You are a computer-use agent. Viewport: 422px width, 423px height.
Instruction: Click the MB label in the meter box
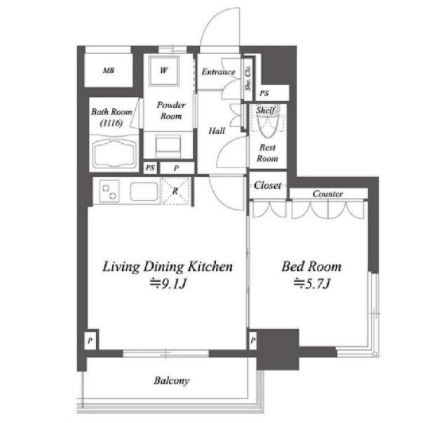(x=109, y=71)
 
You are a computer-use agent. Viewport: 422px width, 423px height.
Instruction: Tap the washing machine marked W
(x=163, y=72)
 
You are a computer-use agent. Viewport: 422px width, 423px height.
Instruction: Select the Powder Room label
(x=171, y=110)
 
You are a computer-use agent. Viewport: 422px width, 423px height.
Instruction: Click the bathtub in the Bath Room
(x=114, y=154)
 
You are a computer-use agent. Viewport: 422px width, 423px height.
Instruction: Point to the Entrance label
(x=219, y=72)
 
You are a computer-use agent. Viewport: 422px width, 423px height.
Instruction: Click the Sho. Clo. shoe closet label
(x=248, y=78)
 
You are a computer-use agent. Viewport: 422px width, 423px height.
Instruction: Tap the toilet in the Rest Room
(x=267, y=122)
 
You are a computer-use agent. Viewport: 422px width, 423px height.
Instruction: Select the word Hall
(x=217, y=131)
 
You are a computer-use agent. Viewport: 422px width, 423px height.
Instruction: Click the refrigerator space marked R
(x=175, y=191)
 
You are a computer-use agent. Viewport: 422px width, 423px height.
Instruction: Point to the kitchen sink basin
(x=144, y=192)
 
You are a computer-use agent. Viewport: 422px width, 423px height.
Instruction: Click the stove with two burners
(x=109, y=191)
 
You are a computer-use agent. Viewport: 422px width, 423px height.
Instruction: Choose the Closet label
(x=267, y=185)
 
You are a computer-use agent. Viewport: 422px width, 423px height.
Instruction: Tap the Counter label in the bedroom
(x=327, y=194)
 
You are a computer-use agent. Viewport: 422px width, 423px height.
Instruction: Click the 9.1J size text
(x=169, y=284)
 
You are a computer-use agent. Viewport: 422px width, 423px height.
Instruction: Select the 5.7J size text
(x=312, y=283)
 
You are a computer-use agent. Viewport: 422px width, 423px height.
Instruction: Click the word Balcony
(x=172, y=381)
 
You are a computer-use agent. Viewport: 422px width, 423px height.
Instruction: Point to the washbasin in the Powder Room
(x=168, y=146)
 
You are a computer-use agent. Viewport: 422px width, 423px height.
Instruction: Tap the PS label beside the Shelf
(x=264, y=93)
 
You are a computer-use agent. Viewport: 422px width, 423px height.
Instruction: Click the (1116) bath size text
(x=111, y=123)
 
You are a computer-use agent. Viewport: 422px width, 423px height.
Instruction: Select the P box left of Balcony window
(x=90, y=340)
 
